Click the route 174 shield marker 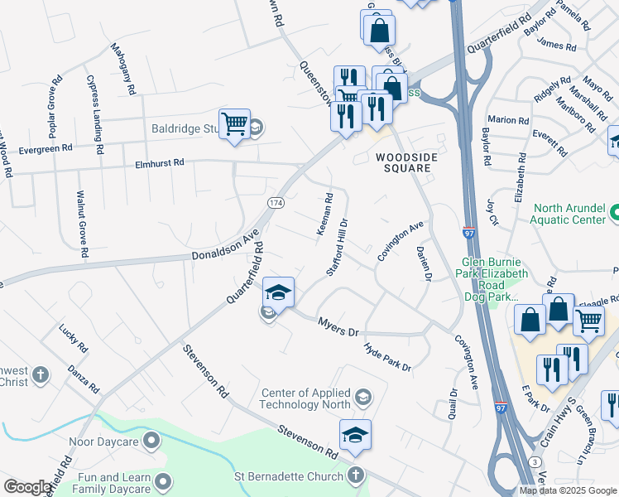coord(275,202)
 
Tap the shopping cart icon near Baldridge coord(235,124)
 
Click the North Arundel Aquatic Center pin coord(613,215)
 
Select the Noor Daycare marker coord(151,442)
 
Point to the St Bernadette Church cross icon coord(355,475)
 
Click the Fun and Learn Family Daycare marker coord(164,480)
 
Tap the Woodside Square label coord(403,162)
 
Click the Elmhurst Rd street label coord(160,164)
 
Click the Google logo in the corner coord(26,487)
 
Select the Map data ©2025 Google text coord(567,490)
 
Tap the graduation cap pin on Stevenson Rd coord(355,434)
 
